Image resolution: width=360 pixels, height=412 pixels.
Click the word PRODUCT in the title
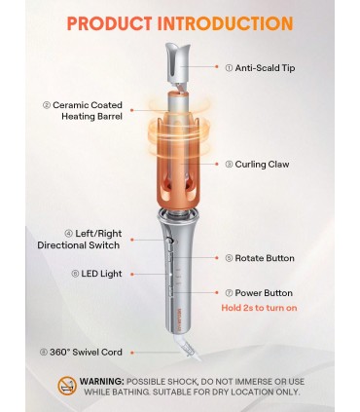tap(109, 23)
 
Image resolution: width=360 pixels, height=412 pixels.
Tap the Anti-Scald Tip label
tap(260, 68)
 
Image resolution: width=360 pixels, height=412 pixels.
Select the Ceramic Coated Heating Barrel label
tap(83, 111)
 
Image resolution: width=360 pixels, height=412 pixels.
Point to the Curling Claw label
tap(257, 165)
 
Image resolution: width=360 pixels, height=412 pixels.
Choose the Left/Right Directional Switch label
tap(79, 240)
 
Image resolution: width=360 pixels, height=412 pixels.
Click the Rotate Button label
tap(260, 258)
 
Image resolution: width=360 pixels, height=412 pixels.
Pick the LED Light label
tap(96, 274)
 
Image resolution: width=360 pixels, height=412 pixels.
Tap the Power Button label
tap(259, 293)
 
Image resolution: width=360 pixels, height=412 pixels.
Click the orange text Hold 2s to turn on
tap(259, 308)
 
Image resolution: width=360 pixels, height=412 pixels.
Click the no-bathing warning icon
tap(67, 386)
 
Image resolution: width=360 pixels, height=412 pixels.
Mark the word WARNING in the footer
tap(102, 381)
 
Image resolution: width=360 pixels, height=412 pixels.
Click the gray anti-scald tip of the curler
tap(177, 62)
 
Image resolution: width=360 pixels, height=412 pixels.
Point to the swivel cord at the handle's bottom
tap(188, 348)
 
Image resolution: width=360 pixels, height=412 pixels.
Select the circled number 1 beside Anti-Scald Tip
tap(229, 68)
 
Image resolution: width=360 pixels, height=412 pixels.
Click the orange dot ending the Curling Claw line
tap(217, 165)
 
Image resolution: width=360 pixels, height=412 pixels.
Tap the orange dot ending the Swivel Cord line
tap(132, 353)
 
